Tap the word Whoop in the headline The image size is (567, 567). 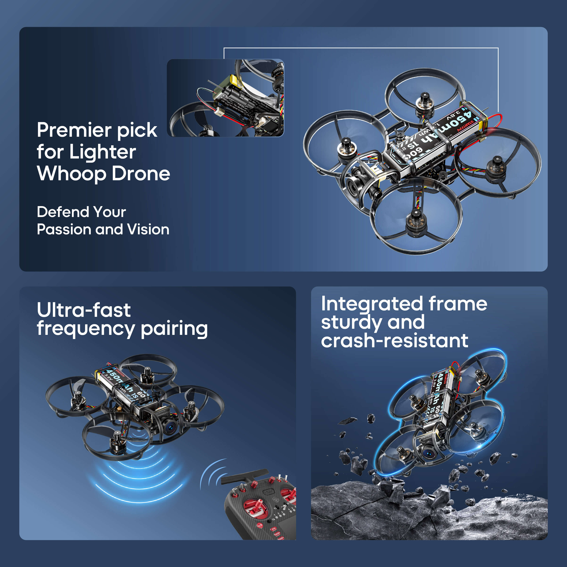click(x=71, y=174)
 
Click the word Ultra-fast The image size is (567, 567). click(x=84, y=310)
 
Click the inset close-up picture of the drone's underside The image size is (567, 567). click(x=225, y=98)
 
